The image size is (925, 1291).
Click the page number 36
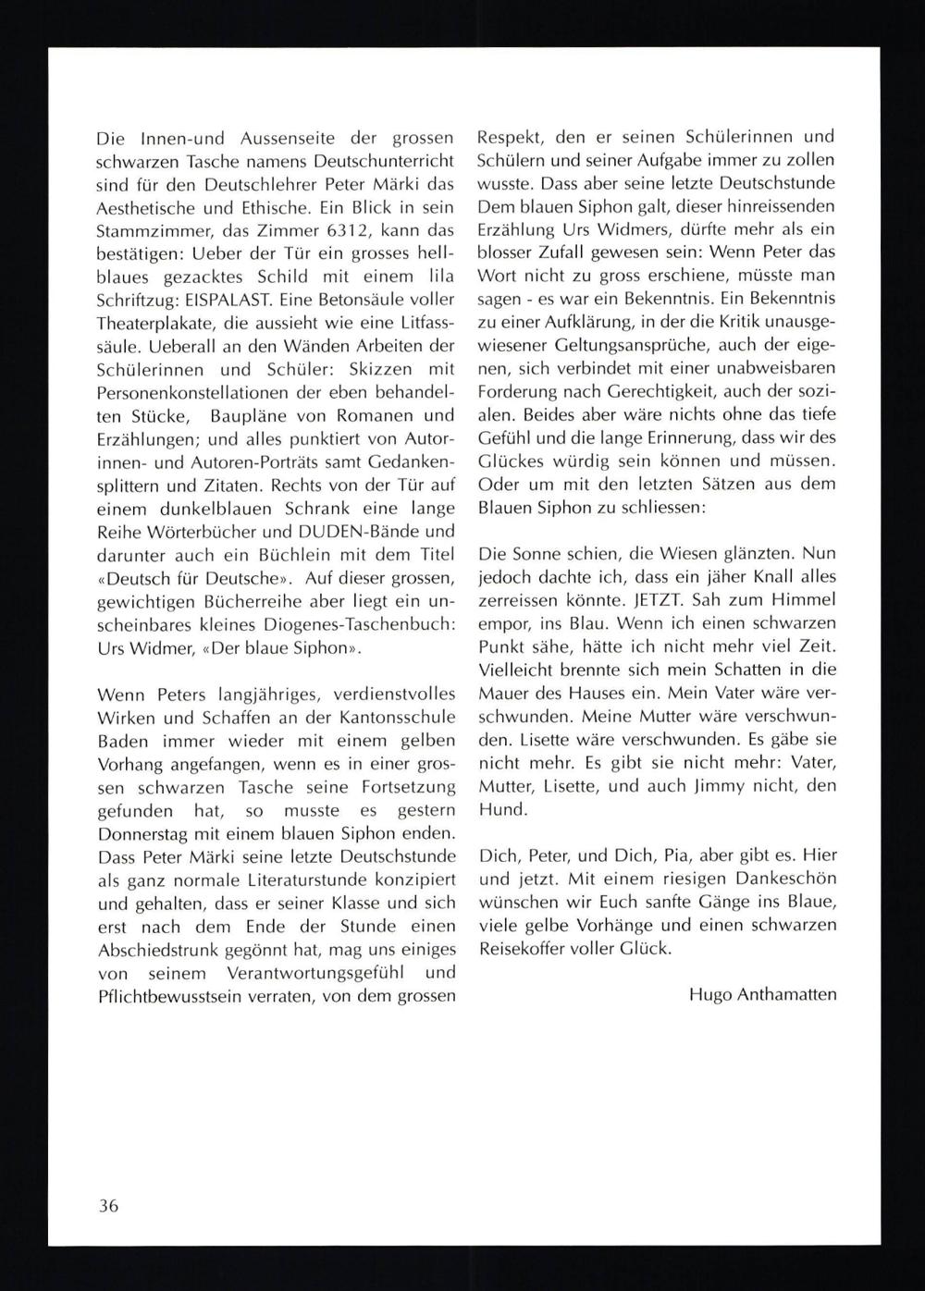pyautogui.click(x=108, y=1206)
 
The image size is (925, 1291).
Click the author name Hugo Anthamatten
pyautogui.click(x=763, y=995)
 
